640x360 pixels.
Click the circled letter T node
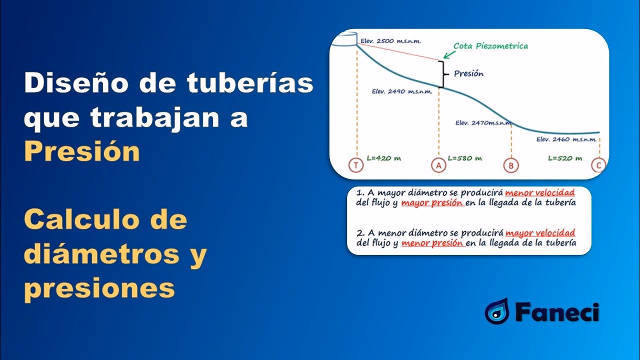point(356,165)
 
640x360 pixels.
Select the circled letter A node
point(438,165)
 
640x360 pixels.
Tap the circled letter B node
point(510,165)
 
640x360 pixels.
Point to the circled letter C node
point(598,165)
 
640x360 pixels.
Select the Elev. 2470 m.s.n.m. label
point(480,122)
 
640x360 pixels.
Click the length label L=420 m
point(384,158)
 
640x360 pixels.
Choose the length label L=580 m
point(464,158)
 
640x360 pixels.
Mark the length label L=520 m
point(565,158)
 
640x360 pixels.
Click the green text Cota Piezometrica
point(490,46)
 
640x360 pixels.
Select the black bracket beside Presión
point(442,74)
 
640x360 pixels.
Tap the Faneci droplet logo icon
point(496,311)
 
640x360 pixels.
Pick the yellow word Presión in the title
point(82,151)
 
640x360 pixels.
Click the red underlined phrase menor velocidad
point(539,192)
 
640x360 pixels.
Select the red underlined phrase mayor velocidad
point(540,233)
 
